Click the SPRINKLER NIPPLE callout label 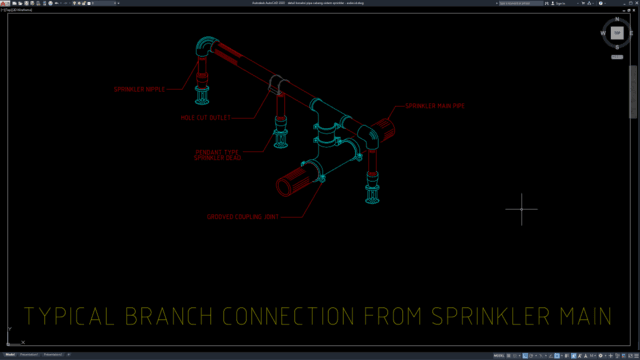point(139,89)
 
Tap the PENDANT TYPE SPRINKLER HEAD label point(218,155)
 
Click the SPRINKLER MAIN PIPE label point(434,105)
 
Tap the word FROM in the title point(397,317)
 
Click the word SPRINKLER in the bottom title point(490,317)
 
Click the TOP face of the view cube point(617,33)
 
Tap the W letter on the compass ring point(603,33)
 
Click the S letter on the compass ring point(617,47)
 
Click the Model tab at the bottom point(11,354)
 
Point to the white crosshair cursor point(521,209)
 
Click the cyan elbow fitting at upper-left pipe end point(205,49)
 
